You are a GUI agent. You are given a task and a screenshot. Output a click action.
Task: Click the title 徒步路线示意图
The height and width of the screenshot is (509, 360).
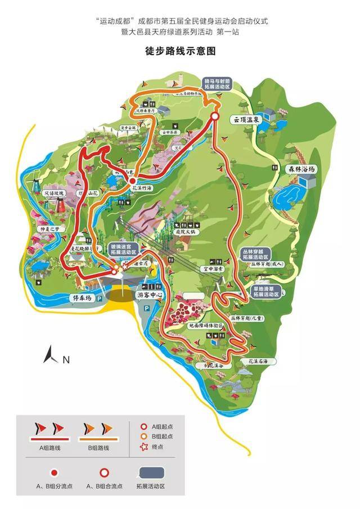click(x=181, y=51)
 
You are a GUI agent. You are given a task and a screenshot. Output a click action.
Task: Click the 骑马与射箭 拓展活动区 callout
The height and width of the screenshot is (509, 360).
click(x=217, y=84)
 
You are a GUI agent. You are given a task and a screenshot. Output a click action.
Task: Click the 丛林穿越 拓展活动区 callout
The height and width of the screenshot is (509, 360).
click(x=257, y=253)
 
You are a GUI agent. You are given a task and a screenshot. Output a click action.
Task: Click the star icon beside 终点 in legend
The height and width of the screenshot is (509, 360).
click(x=144, y=447)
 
